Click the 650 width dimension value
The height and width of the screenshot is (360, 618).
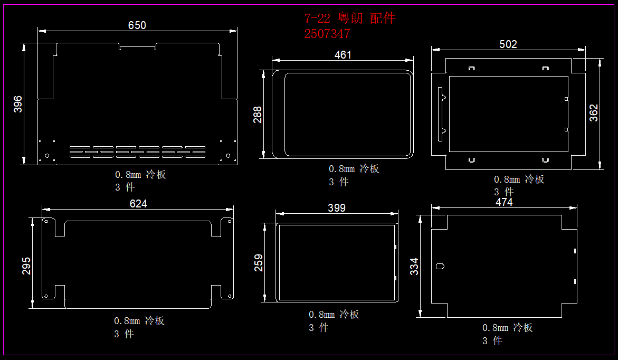[137, 25]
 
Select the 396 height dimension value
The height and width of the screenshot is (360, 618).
[18, 104]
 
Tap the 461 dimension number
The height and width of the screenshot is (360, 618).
[343, 55]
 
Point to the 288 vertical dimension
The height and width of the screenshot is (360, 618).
[258, 115]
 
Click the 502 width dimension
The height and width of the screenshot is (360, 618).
[508, 44]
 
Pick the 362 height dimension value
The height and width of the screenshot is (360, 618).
[594, 113]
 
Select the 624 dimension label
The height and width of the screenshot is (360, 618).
[138, 203]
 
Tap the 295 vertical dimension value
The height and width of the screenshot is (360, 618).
[26, 266]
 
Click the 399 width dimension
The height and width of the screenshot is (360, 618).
[337, 208]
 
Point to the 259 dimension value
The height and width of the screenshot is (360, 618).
[259, 262]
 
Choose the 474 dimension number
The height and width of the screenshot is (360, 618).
[504, 202]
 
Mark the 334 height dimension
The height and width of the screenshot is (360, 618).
[414, 266]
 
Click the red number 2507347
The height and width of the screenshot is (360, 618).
[327, 34]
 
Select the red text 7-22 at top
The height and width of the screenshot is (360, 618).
[317, 18]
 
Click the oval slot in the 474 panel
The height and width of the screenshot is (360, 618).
[440, 266]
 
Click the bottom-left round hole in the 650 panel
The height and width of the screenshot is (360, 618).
[47, 156]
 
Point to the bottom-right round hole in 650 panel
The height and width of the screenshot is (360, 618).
[228, 156]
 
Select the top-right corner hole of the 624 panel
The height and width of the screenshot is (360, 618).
[230, 221]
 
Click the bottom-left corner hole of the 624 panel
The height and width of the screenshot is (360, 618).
[46, 296]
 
